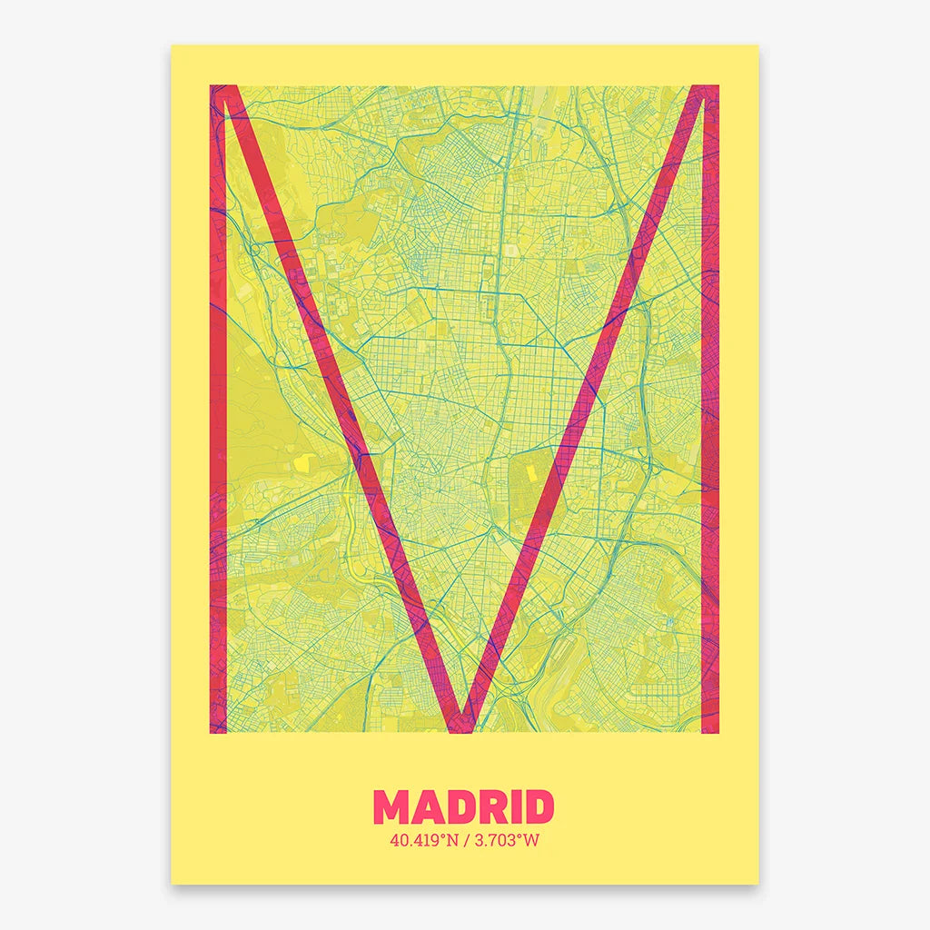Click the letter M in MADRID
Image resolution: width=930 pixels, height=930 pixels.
[x=395, y=808]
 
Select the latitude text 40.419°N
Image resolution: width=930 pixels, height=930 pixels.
[x=420, y=840]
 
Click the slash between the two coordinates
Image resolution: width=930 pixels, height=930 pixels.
[x=464, y=840]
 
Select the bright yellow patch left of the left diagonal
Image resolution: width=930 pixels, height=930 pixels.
[x=299, y=462]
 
